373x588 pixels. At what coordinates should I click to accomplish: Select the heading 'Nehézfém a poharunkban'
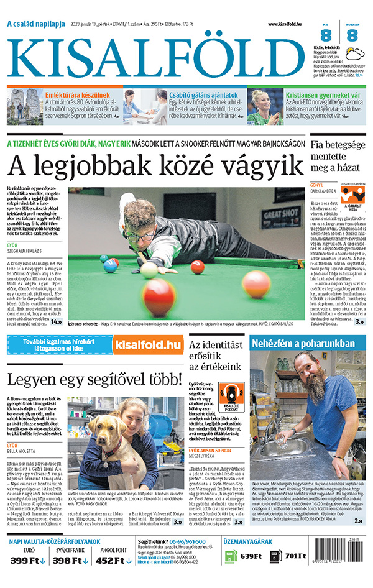(x=303, y=344)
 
